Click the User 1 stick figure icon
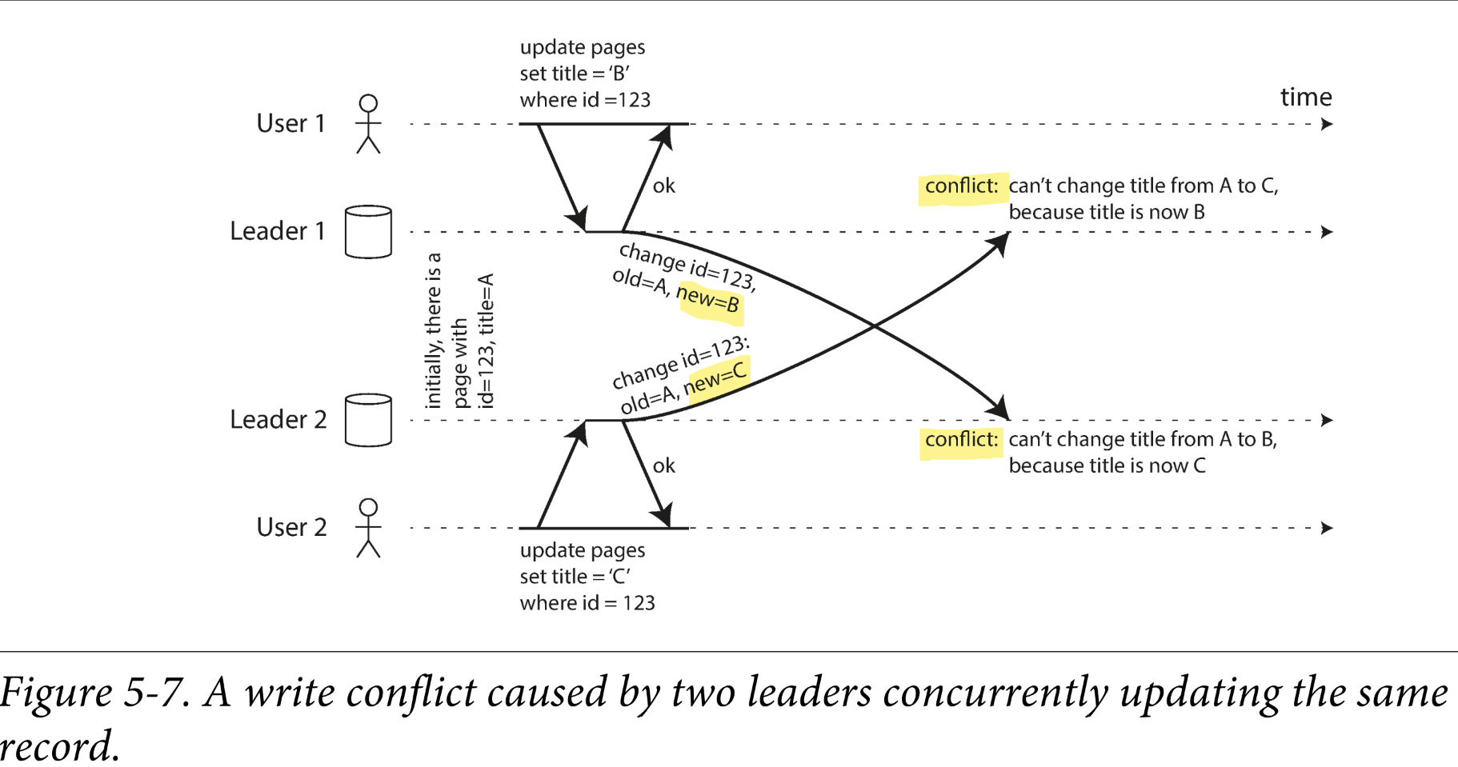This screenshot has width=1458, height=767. point(368,124)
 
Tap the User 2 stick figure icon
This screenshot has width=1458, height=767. point(368,528)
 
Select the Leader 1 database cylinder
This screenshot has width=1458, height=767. point(368,232)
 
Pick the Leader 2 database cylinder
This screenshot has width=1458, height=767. point(368,420)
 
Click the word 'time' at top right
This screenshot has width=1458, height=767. point(1306,98)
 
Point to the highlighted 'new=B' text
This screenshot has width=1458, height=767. point(708,301)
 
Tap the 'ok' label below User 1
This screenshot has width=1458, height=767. point(663,186)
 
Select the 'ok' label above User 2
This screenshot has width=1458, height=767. point(663,466)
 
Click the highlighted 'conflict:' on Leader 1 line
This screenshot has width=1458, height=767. point(961,186)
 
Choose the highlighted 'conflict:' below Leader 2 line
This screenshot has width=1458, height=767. point(961,440)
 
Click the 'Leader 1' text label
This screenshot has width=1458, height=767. point(277,231)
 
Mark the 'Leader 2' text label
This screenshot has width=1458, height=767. point(278,420)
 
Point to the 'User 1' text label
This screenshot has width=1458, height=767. point(290,124)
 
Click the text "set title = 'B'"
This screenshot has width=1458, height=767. point(575,74)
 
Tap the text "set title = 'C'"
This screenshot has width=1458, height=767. point(575,577)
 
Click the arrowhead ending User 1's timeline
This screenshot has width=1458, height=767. point(1327,124)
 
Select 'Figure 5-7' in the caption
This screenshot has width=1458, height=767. point(94,693)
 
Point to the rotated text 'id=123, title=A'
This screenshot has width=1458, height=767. point(486,341)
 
